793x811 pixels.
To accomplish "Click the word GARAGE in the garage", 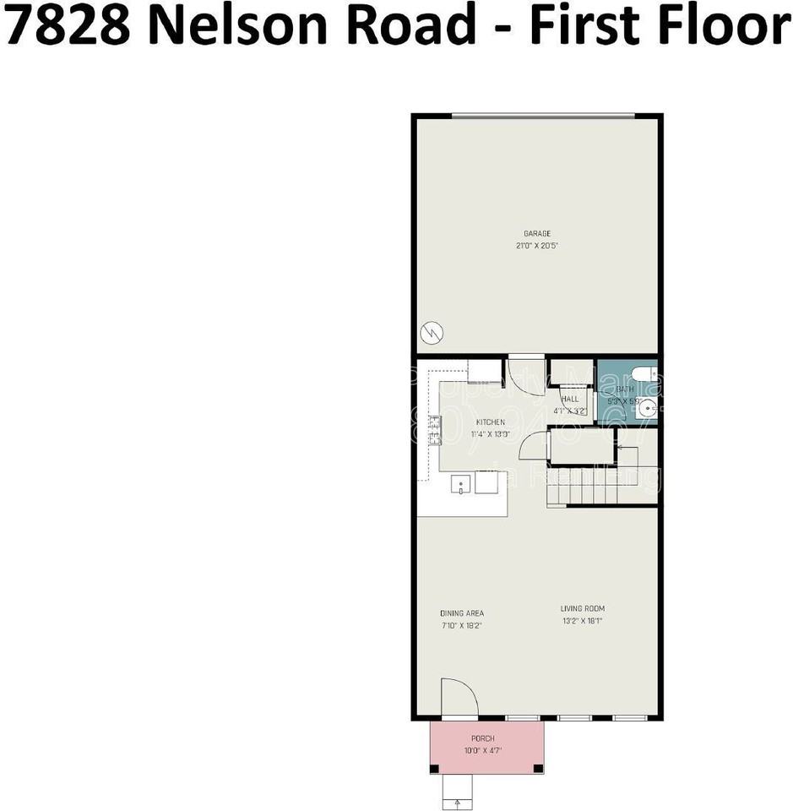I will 537,234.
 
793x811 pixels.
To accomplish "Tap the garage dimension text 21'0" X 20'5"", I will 537,246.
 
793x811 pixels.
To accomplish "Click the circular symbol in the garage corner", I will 432,332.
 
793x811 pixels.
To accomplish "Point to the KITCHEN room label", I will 491,422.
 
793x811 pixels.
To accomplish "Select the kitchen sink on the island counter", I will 460,484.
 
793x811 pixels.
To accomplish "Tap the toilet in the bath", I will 643,374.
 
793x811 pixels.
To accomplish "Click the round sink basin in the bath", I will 647,409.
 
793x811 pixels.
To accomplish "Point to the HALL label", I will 570,399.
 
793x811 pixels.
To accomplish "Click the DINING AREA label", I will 462,614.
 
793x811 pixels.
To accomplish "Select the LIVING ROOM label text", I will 583,609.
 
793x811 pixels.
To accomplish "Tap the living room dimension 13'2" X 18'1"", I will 583,621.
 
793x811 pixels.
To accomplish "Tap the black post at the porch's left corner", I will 435,769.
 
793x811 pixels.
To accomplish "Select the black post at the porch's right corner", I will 538,769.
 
